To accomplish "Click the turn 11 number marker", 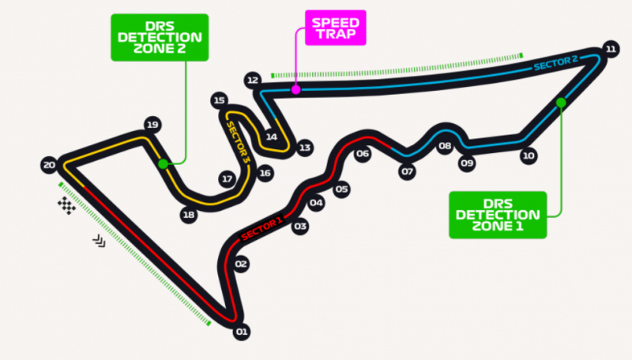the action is point(611,49).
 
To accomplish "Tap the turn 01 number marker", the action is point(242,332).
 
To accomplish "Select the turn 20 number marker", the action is point(49,165).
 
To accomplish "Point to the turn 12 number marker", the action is point(252,81).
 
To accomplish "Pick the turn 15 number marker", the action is point(220,100).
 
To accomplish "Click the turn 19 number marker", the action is point(152,125).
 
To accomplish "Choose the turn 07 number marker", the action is point(407,172).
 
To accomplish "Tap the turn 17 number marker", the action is point(228,179).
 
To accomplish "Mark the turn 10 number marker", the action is point(529,156).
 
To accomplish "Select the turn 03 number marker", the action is point(300,227).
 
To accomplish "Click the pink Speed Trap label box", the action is point(335,28).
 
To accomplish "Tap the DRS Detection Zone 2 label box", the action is point(160,37).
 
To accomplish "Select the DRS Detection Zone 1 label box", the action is point(498,215).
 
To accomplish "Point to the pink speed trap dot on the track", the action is point(295,90).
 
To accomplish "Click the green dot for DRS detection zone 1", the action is point(561,103).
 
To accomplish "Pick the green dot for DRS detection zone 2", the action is point(163,164).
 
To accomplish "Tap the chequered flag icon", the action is point(67,205).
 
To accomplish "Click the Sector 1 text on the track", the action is point(261,229).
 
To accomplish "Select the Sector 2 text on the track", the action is point(556,63).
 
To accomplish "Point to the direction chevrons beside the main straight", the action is point(100,242).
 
